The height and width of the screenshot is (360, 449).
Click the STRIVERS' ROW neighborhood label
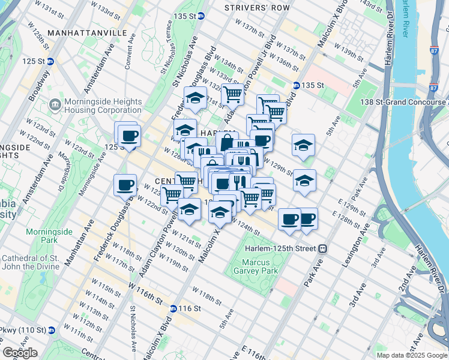coord(256,8)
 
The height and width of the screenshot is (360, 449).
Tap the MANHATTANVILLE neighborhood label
coord(87,32)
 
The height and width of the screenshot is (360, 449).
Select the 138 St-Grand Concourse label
coord(403,103)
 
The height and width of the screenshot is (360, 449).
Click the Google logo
coord(20,353)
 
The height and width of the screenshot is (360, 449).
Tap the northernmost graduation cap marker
coord(194,97)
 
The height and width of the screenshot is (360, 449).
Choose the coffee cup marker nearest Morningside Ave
coord(125,184)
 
